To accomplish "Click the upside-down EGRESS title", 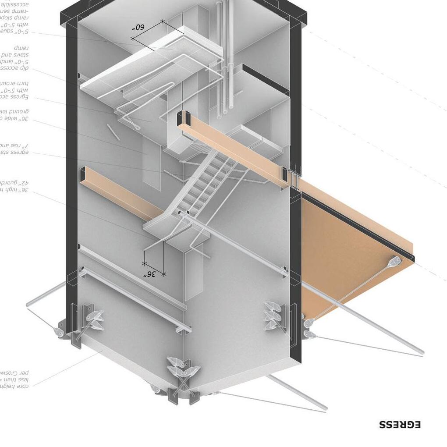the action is pyautogui.click(x=399, y=424).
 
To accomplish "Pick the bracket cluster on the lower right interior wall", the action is pyautogui.click(x=274, y=313).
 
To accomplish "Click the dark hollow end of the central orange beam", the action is pyautogui.click(x=183, y=118).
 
